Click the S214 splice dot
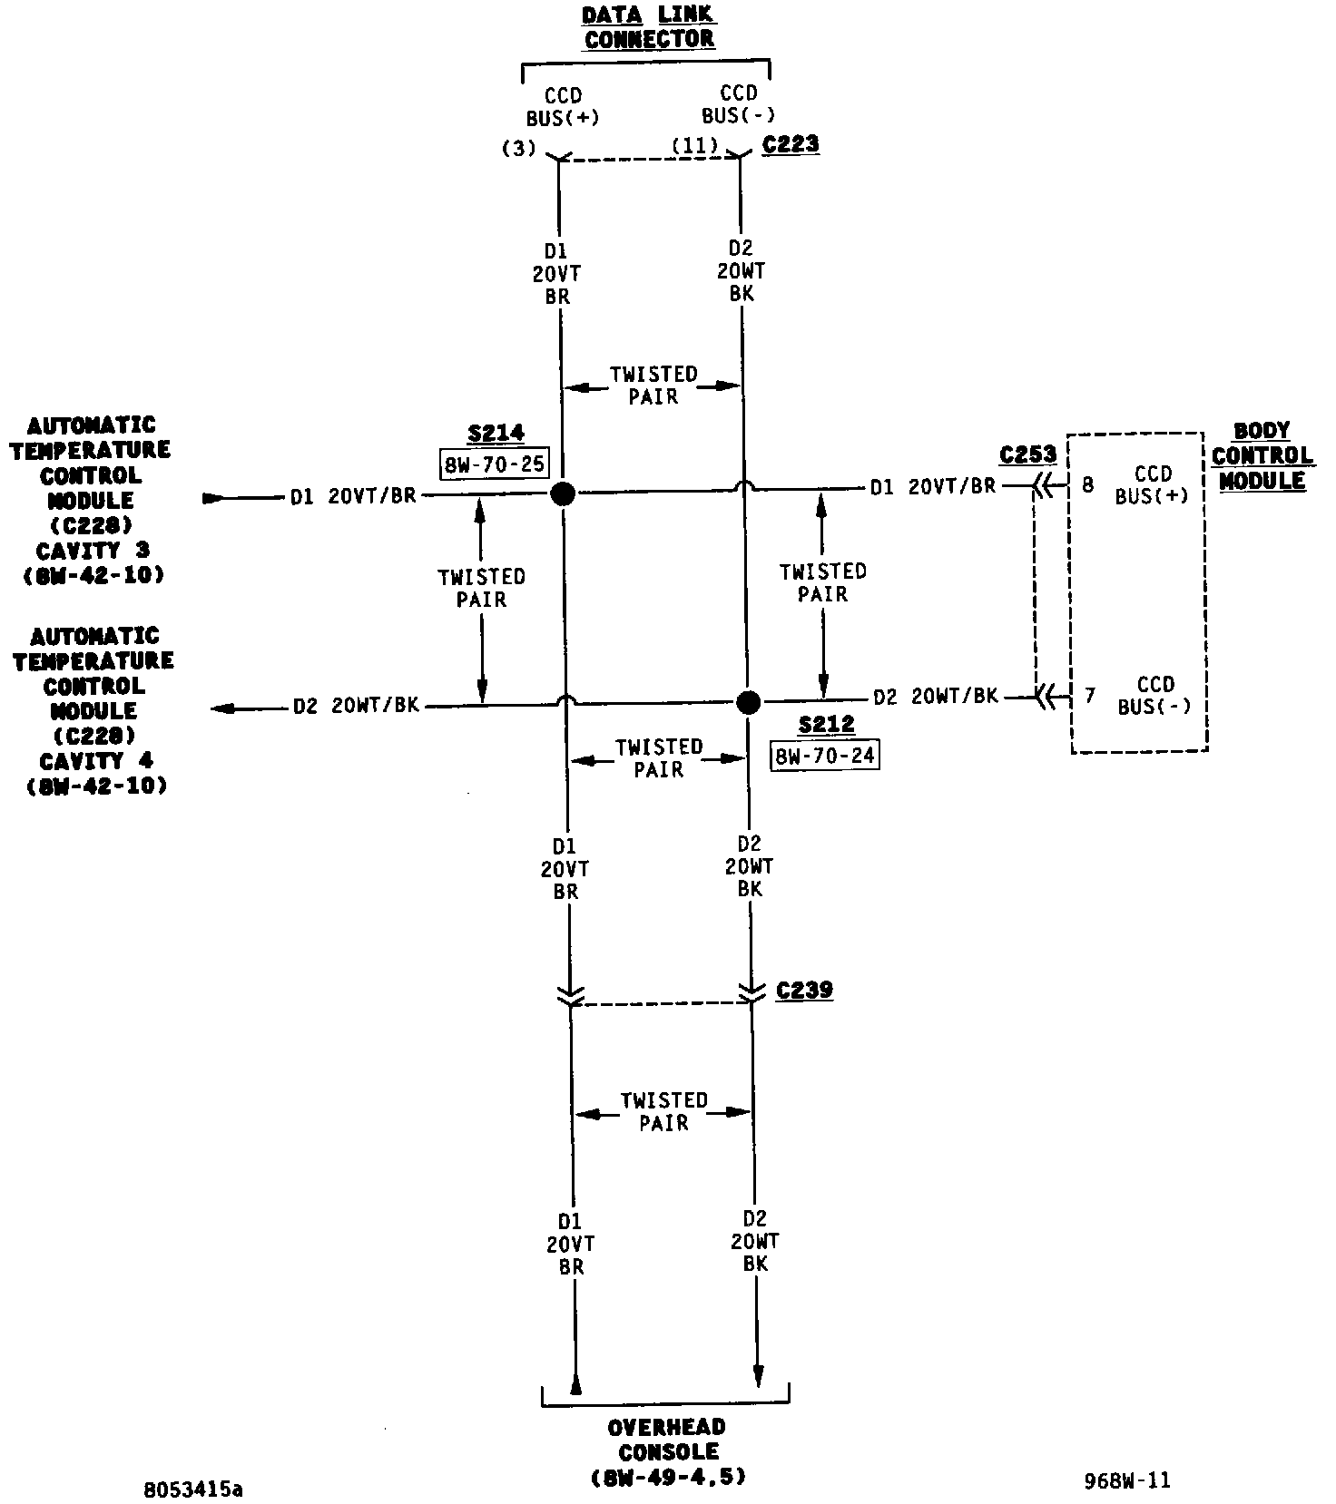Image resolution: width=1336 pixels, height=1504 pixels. [564, 494]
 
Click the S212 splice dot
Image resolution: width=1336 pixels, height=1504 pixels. [748, 702]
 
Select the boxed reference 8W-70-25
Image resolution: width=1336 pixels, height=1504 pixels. [495, 464]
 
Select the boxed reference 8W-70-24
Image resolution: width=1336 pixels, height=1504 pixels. [825, 756]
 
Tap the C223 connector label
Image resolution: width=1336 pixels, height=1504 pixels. [791, 144]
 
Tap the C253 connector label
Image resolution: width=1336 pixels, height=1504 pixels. [1028, 454]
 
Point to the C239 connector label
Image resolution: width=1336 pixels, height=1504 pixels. [804, 990]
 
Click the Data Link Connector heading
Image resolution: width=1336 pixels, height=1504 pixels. [649, 27]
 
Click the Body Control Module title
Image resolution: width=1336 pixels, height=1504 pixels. [1262, 456]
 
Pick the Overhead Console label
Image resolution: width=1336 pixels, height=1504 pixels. [667, 1451]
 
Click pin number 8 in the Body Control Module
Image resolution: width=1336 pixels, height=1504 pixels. [1088, 485]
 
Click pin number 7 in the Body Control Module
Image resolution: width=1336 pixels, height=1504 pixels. [1090, 696]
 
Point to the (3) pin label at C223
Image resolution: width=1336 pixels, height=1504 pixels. [519, 149]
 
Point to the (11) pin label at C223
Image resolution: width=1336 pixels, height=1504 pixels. [695, 146]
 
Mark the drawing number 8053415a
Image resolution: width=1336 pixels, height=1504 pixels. [193, 1489]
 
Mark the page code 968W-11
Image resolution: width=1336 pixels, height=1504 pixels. [1127, 1481]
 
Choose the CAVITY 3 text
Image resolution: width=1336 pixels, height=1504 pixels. [93, 551]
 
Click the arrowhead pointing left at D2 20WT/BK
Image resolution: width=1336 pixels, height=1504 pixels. [222, 708]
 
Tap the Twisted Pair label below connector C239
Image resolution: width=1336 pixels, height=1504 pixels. [664, 1111]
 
